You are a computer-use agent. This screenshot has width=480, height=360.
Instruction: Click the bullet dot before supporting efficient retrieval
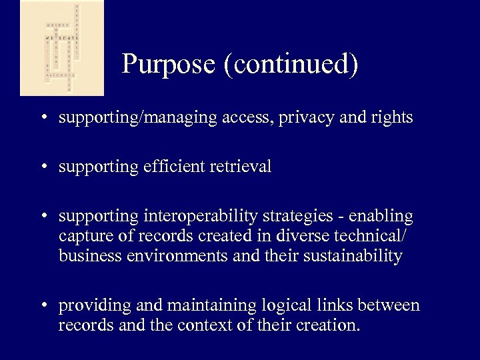pos(42,167)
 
